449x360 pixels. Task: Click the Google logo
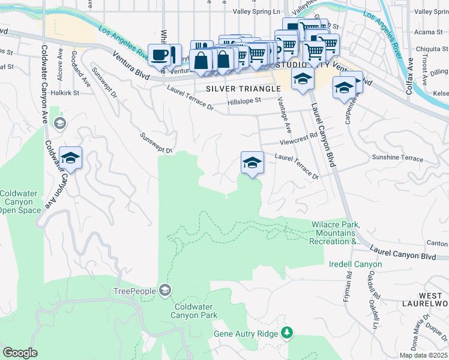click(20, 353)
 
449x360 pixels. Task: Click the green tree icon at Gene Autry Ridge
click(288, 332)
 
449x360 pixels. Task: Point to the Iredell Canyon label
click(355, 264)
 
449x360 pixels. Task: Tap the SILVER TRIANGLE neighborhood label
click(243, 89)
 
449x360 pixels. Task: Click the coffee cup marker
click(160, 55)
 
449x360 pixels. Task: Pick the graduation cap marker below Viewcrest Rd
click(252, 163)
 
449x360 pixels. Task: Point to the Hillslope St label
click(245, 102)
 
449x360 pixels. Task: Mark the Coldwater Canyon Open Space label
click(20, 202)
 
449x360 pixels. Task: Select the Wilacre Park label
click(335, 233)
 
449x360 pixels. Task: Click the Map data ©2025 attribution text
click(423, 355)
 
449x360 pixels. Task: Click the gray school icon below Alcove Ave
click(59, 124)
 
